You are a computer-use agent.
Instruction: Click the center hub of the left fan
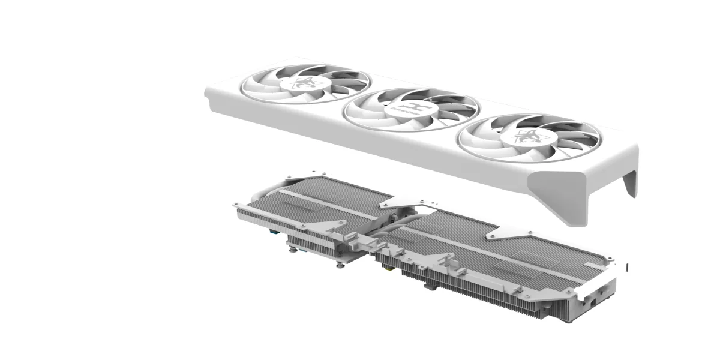pos(305,83)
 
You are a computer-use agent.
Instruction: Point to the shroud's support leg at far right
pos(630,183)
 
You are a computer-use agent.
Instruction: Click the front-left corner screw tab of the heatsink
pos(236,205)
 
